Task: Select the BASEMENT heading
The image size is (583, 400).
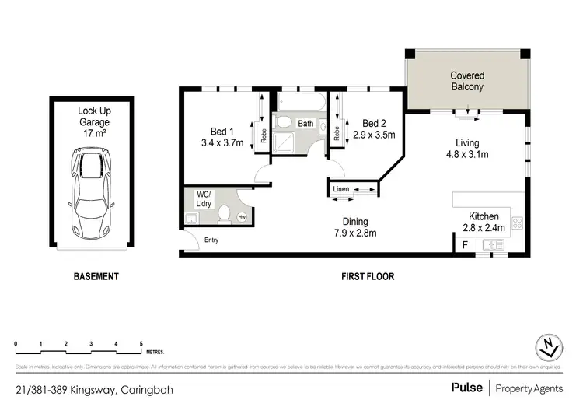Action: (x=96, y=276)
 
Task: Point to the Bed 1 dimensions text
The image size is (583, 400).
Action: (x=223, y=143)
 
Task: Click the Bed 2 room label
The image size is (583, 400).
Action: (x=375, y=123)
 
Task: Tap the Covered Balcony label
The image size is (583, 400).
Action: (x=466, y=82)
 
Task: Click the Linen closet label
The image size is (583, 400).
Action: (x=340, y=190)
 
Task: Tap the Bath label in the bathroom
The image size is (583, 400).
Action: (x=305, y=123)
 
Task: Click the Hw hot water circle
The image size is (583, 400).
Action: (x=242, y=217)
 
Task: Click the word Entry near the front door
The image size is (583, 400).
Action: (x=211, y=240)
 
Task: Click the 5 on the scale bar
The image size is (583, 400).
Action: (x=141, y=343)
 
